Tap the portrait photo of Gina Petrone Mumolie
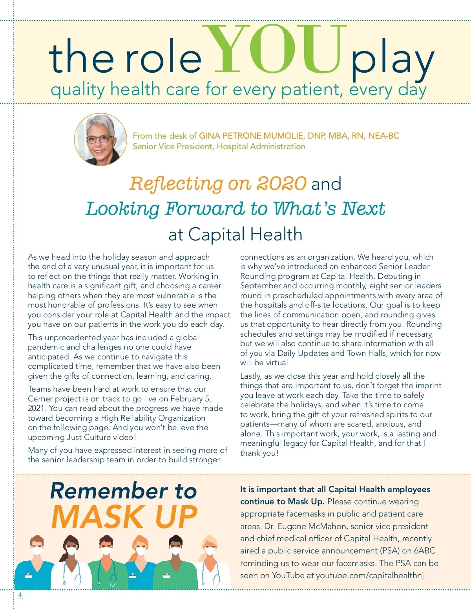click(x=100, y=139)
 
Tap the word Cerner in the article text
click(x=40, y=399)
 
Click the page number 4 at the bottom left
click(x=20, y=595)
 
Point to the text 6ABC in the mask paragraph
click(x=424, y=551)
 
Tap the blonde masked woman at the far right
click(x=212, y=562)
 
